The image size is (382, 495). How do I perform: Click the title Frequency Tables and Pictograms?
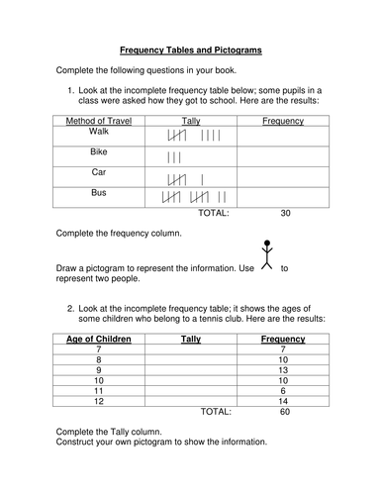191,48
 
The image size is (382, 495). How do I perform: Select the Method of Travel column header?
98,121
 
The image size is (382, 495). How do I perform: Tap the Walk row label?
98,131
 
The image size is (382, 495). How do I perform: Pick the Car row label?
98,174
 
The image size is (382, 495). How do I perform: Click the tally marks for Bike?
175,157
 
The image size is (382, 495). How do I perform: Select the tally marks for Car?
187,179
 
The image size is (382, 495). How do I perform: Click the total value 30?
286,212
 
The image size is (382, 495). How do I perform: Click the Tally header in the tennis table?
191,340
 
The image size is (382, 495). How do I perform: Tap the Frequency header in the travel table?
283,121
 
